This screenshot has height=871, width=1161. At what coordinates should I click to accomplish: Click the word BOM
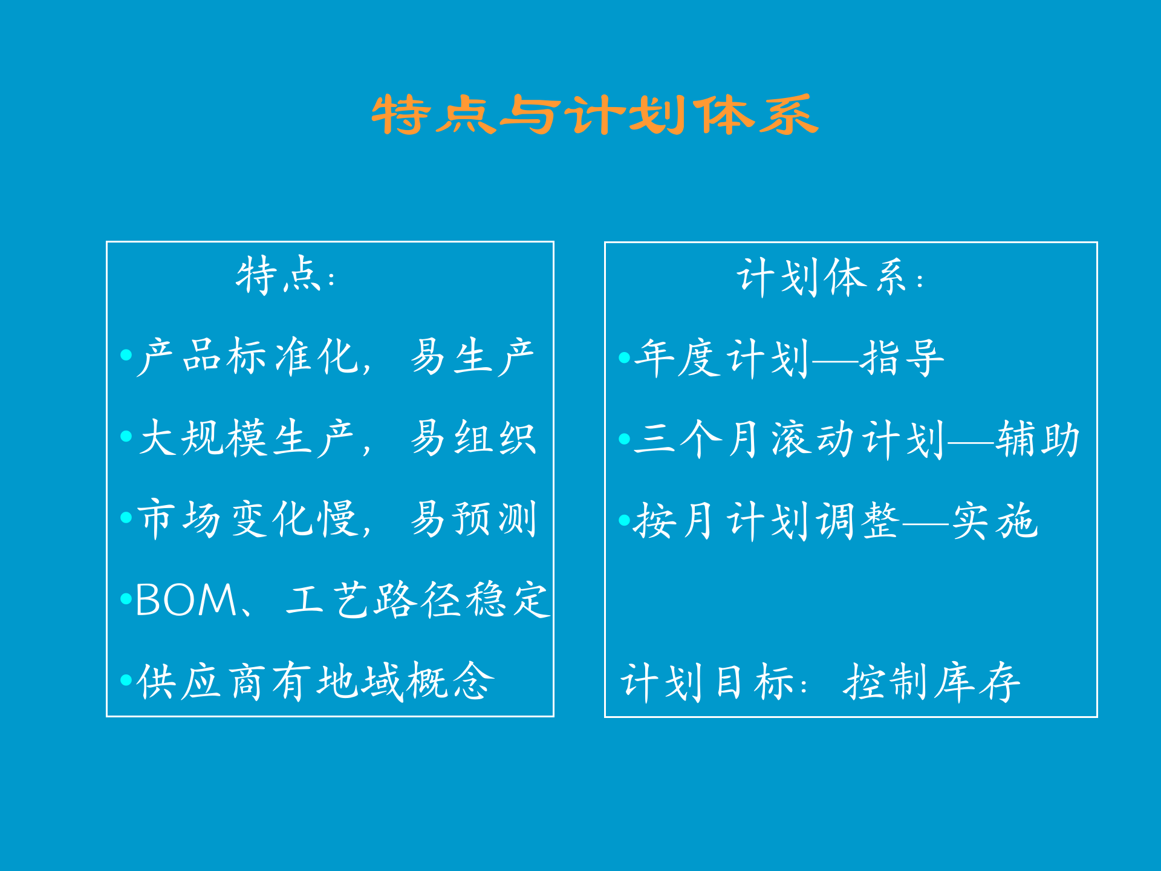186,600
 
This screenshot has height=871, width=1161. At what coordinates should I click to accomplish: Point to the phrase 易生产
472,356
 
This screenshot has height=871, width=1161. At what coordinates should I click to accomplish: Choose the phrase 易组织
473,437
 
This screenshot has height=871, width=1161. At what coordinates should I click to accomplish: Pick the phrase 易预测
473,518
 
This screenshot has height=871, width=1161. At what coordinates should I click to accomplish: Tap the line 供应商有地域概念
315,682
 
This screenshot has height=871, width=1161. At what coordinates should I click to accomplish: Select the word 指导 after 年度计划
902,357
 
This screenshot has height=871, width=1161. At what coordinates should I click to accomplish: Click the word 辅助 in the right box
1038,439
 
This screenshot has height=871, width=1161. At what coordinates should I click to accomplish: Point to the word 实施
995,520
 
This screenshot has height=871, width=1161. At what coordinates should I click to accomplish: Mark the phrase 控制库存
932,682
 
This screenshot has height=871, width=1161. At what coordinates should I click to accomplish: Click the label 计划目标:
714,682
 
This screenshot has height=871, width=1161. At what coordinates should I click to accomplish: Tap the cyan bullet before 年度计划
625,357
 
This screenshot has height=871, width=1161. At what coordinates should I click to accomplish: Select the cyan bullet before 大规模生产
126,436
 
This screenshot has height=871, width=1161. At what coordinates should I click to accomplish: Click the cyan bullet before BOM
126,599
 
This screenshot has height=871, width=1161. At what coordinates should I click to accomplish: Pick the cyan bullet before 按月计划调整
625,520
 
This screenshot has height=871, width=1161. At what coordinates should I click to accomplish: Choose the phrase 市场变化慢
248,518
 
